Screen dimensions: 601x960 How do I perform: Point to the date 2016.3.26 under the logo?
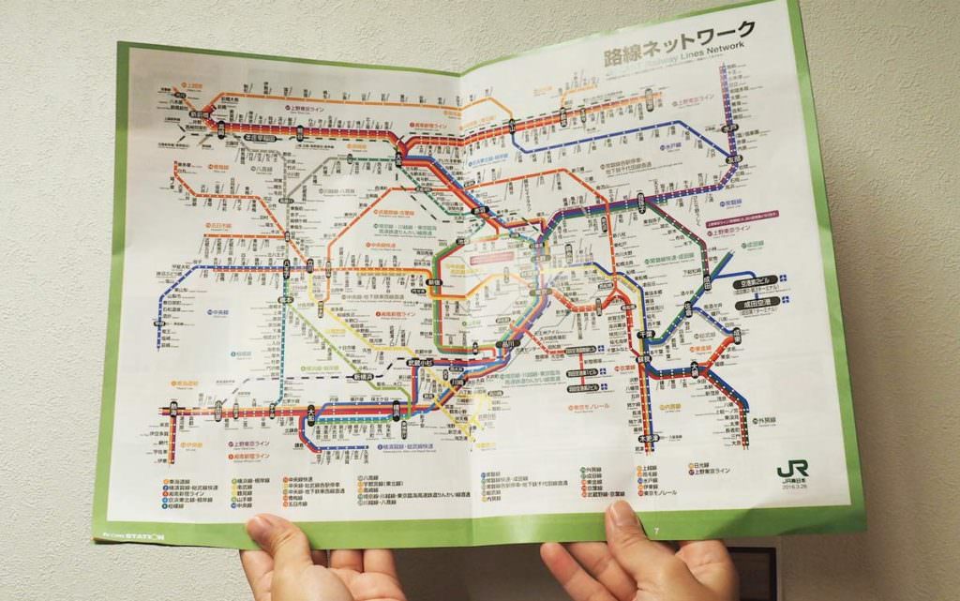795,486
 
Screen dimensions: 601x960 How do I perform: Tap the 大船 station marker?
310,411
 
